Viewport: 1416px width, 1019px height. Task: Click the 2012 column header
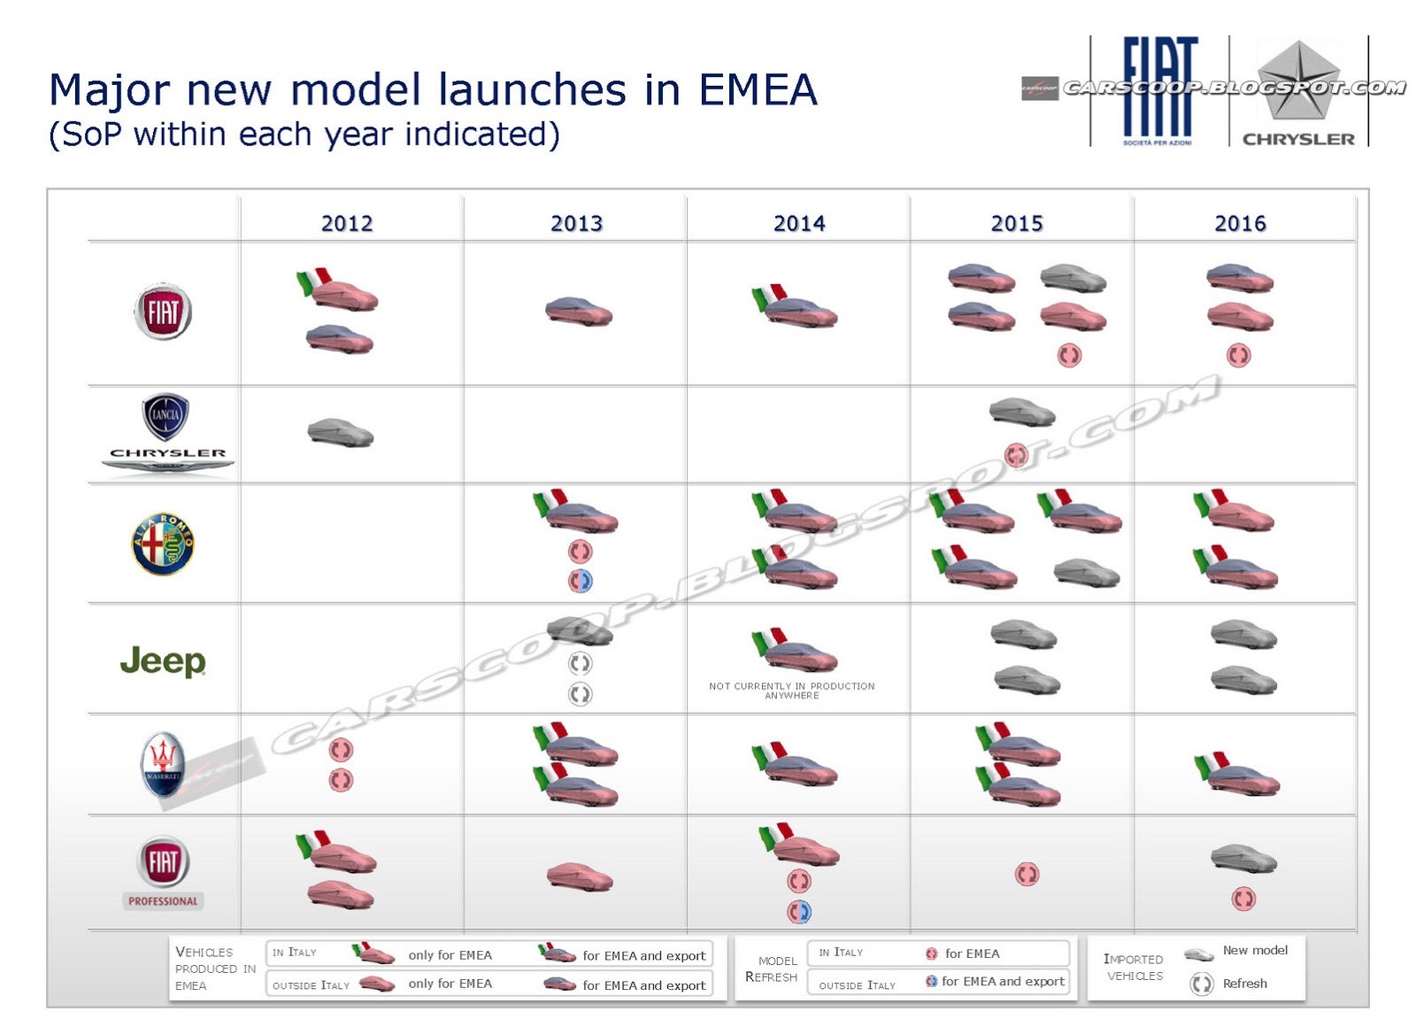pyautogui.click(x=347, y=223)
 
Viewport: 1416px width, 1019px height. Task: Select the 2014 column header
pyautogui.click(x=799, y=223)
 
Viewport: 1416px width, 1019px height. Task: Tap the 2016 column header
pyautogui.click(x=1240, y=223)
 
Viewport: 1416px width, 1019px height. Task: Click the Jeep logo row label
pyautogui.click(x=163, y=660)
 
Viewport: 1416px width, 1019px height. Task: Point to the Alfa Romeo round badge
pyautogui.click(x=163, y=544)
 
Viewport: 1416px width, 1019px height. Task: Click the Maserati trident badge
pyautogui.click(x=163, y=763)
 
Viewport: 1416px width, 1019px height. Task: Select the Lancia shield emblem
pyautogui.click(x=165, y=416)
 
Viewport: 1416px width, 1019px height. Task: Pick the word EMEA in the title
pyautogui.click(x=758, y=90)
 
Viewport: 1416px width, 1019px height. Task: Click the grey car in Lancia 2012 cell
pyautogui.click(x=341, y=433)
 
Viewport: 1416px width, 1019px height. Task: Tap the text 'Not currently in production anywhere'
pyautogui.click(x=791, y=691)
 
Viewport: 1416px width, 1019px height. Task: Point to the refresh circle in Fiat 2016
pyautogui.click(x=1238, y=356)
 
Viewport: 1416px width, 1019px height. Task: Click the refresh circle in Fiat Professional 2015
pyautogui.click(x=1027, y=875)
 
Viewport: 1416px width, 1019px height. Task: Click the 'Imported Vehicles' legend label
pyautogui.click(x=1134, y=967)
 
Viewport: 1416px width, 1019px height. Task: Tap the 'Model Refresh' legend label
pyautogui.click(x=772, y=969)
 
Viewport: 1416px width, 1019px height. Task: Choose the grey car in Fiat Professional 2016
pyautogui.click(x=1243, y=857)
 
